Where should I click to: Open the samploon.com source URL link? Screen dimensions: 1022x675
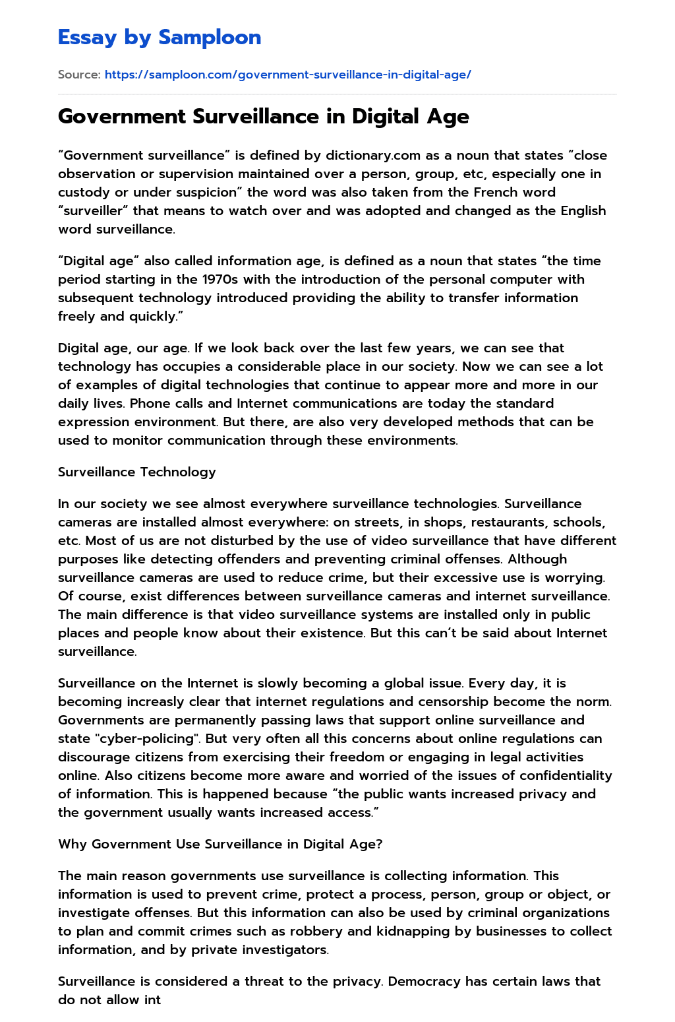click(287, 75)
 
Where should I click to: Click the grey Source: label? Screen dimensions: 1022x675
click(79, 75)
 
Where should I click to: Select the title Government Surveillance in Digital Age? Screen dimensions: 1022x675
click(264, 117)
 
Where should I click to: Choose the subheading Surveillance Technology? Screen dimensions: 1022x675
click(137, 472)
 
